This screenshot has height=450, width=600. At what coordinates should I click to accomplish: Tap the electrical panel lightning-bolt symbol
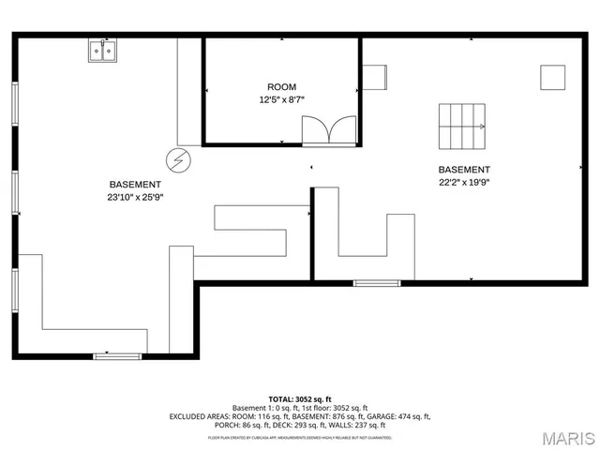[x=177, y=158]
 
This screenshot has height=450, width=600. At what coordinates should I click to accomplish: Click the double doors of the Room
[x=328, y=130]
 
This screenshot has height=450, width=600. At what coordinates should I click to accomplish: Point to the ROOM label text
[x=281, y=86]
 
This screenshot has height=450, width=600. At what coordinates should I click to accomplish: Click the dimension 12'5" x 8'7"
[x=281, y=99]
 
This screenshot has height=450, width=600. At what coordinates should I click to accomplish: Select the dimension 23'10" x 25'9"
[x=135, y=198]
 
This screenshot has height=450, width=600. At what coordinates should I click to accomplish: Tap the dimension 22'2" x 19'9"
[x=464, y=183]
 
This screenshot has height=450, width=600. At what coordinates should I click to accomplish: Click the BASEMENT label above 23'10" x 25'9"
[x=135, y=185]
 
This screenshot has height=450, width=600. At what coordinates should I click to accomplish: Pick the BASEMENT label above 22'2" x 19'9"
[x=464, y=170]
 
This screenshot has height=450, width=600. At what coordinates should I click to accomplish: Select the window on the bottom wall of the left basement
[x=117, y=355]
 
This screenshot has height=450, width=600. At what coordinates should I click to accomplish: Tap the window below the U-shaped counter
[x=377, y=281]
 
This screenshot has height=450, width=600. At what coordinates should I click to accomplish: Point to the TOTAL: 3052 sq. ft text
[x=300, y=398]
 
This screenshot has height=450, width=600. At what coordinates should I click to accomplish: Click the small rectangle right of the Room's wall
[x=376, y=77]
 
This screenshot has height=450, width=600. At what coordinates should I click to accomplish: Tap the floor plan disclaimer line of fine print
[x=300, y=437]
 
